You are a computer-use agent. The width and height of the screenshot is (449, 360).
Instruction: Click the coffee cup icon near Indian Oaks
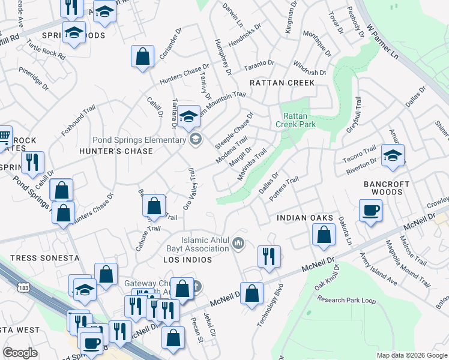point(370,211)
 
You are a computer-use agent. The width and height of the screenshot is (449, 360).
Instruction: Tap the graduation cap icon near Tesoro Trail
point(393,155)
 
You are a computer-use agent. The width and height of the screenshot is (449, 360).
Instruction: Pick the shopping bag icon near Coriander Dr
point(143,58)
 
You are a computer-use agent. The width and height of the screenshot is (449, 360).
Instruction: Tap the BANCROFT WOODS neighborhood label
point(387,188)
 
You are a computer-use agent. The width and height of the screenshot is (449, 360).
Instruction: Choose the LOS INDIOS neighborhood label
point(187,260)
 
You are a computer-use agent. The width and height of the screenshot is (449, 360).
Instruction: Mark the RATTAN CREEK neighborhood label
point(282,82)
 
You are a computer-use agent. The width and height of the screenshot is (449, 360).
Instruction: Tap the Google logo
point(20,353)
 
